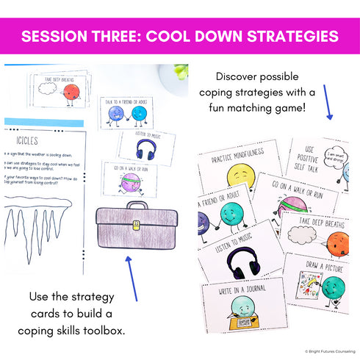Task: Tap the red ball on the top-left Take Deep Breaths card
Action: click(x=71, y=92)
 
